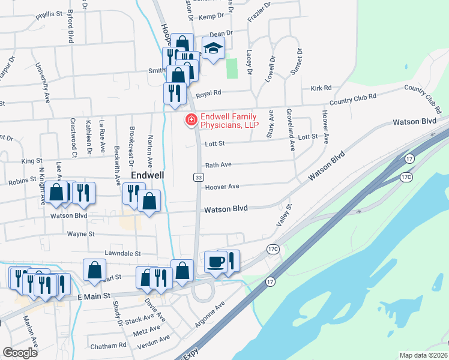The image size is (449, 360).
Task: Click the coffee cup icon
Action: click(x=216, y=261)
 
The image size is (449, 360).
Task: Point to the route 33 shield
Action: click(x=198, y=177)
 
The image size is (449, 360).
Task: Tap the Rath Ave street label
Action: click(x=218, y=164)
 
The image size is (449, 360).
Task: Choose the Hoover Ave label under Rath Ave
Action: click(x=222, y=187)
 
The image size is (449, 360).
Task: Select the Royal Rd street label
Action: click(x=209, y=93)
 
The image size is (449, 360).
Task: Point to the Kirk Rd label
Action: click(x=318, y=88)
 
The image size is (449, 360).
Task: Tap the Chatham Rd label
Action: click(x=108, y=346)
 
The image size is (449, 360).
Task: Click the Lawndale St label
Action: click(x=122, y=254)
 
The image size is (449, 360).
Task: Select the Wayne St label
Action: click(x=82, y=233)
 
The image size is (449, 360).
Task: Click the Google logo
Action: click(x=20, y=353)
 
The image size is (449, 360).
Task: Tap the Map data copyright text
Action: click(x=423, y=355)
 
